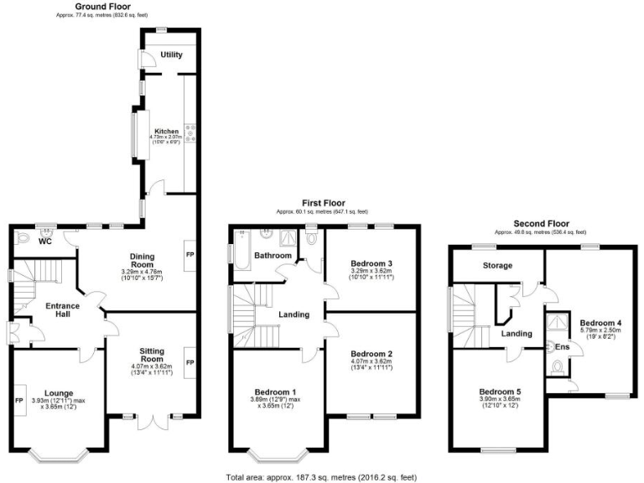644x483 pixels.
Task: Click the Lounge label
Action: pyautogui.click(x=59, y=392)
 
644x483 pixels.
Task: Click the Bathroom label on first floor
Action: pyautogui.click(x=273, y=255)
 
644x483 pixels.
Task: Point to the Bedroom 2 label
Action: pyautogui.click(x=372, y=354)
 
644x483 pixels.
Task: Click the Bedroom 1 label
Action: pyautogui.click(x=277, y=392)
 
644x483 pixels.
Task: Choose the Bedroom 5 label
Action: pyautogui.click(x=500, y=391)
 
